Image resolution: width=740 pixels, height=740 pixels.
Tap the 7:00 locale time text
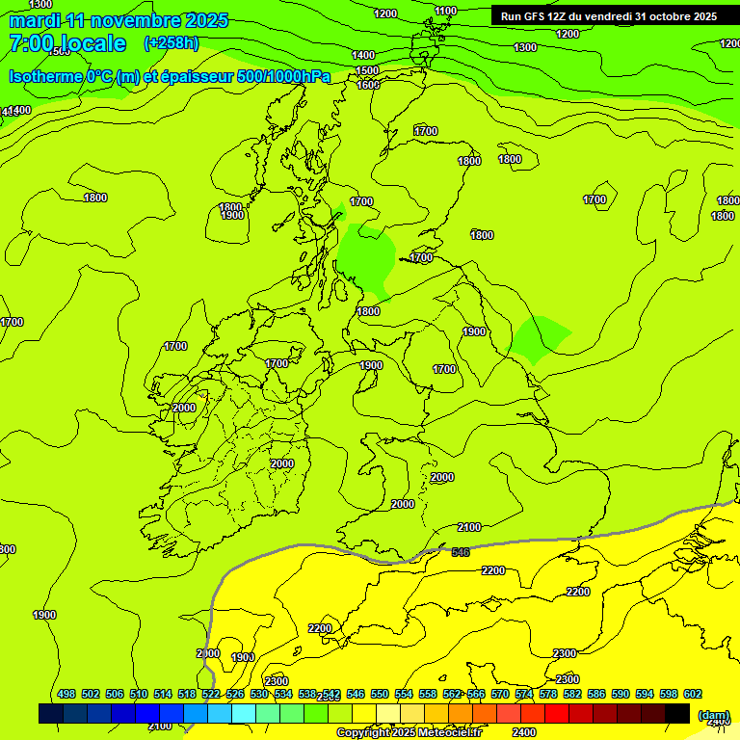[67, 43]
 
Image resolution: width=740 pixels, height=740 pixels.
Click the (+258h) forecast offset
[171, 43]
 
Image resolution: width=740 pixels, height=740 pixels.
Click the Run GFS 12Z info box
[608, 16]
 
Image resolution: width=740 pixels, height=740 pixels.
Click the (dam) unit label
[713, 715]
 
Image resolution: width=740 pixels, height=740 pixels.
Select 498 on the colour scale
[66, 694]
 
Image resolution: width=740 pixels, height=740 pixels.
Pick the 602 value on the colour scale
[693, 694]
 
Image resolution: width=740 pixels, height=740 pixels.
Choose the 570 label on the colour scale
[500, 694]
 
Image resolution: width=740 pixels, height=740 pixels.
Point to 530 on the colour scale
[259, 694]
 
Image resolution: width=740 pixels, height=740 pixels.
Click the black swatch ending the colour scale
[677, 714]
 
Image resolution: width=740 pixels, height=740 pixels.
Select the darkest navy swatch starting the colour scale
[51, 714]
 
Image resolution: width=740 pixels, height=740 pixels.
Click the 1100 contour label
[445, 11]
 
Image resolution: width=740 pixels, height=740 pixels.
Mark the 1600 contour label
[368, 85]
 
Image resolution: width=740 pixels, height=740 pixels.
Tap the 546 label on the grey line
[461, 552]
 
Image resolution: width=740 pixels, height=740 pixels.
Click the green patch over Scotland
[366, 253]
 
